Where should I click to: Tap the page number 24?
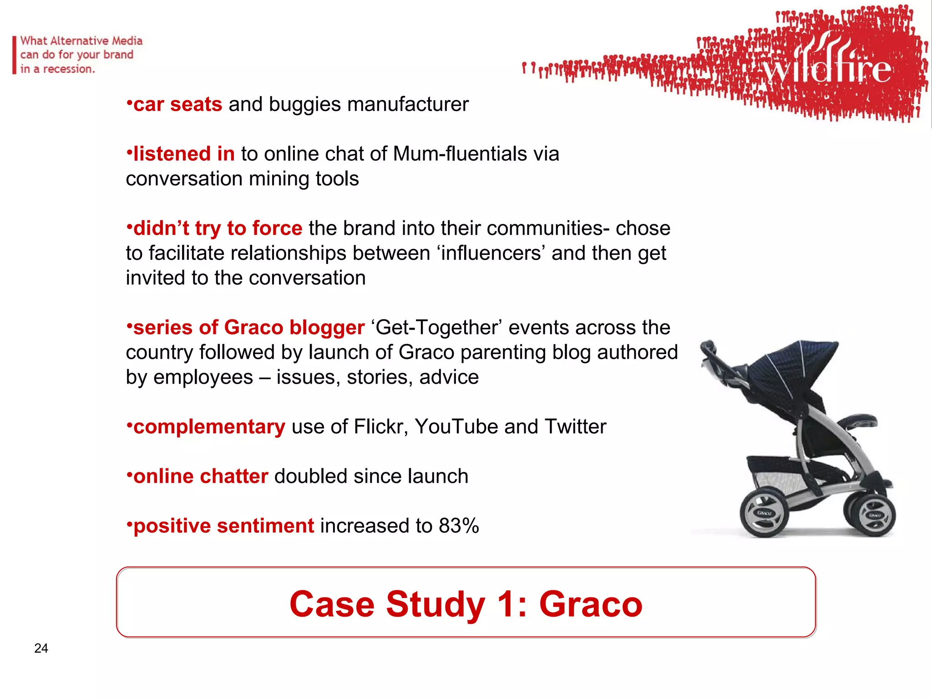[41, 648]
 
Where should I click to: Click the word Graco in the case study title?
[590, 604]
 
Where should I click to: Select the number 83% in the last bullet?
[459, 526]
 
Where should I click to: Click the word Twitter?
[575, 427]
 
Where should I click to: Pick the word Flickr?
[380, 427]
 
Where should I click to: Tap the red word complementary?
[209, 427]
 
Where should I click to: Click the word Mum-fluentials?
[460, 154]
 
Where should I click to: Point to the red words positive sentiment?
[223, 526]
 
